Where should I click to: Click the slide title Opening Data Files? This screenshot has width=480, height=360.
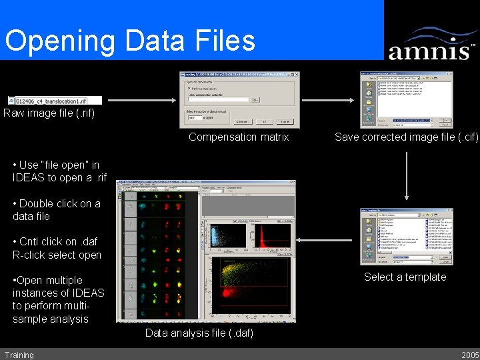pyautogui.click(x=130, y=40)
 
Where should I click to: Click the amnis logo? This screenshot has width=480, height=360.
pyautogui.click(x=431, y=44)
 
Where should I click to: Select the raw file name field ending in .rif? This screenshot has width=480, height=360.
pyautogui.click(x=55, y=100)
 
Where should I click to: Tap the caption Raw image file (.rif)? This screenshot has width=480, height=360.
pyautogui.click(x=49, y=113)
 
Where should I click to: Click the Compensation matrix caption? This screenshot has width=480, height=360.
pyautogui.click(x=239, y=137)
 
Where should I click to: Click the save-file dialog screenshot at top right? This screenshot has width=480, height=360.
pyautogui.click(x=406, y=99)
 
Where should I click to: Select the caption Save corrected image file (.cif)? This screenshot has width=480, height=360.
pyautogui.click(x=406, y=137)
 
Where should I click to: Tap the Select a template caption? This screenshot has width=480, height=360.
pyautogui.click(x=405, y=277)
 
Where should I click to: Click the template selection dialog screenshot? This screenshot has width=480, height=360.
pyautogui.click(x=406, y=237)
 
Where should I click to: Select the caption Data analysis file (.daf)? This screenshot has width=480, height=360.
pyautogui.click(x=199, y=333)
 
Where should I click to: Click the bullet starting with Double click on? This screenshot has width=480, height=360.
pyautogui.click(x=57, y=210)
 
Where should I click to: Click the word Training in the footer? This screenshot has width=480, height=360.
pyautogui.click(x=19, y=355)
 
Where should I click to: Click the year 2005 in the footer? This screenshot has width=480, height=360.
pyautogui.click(x=469, y=355)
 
